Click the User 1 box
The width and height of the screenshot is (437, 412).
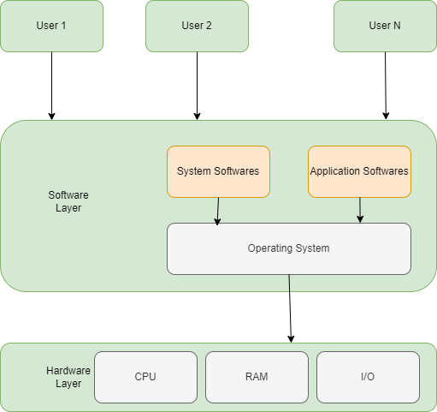coord(51,26)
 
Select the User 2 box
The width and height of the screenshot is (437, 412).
coord(197,26)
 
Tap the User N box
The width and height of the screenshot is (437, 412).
coord(385,26)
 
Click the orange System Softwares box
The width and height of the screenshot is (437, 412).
coord(218,171)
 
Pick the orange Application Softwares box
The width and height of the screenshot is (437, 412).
coord(359,171)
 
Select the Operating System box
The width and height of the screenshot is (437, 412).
coord(288,248)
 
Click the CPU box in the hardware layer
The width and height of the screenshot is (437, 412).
coord(145,377)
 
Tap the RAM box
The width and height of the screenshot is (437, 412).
coord(257,377)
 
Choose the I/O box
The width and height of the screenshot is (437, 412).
coord(368,377)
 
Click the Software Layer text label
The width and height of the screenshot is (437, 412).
coord(68,201)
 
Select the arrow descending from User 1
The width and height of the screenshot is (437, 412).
coord(51,86)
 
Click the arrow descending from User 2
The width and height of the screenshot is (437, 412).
coord(197,86)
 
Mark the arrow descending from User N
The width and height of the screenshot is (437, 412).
coord(386,86)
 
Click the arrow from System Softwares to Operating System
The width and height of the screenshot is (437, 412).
coord(218,211)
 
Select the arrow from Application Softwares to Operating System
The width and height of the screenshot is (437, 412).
coord(360,210)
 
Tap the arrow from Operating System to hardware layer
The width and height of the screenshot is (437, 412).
coord(291,308)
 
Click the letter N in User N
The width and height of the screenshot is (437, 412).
coord(396,26)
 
